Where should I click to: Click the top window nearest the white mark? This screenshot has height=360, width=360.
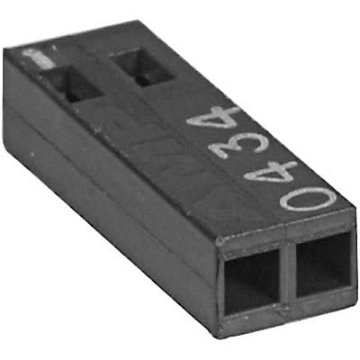point(71,83)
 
